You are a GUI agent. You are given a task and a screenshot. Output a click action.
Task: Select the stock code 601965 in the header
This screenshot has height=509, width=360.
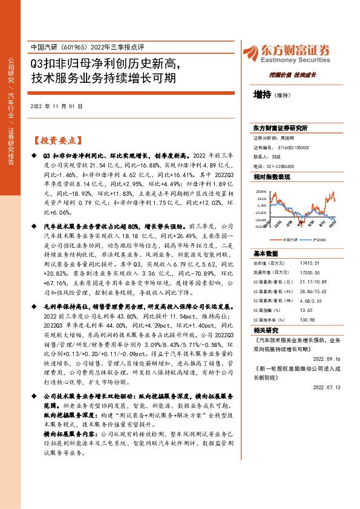point(74,47)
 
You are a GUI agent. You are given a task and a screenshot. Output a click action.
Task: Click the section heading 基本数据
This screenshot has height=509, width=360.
point(264,253)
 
